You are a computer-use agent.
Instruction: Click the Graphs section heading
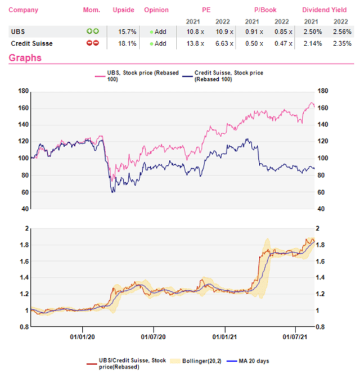point(25,57)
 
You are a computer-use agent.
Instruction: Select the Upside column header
point(123,10)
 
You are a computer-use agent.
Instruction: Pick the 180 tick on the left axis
point(24,91)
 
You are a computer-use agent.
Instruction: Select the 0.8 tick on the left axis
point(24,327)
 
